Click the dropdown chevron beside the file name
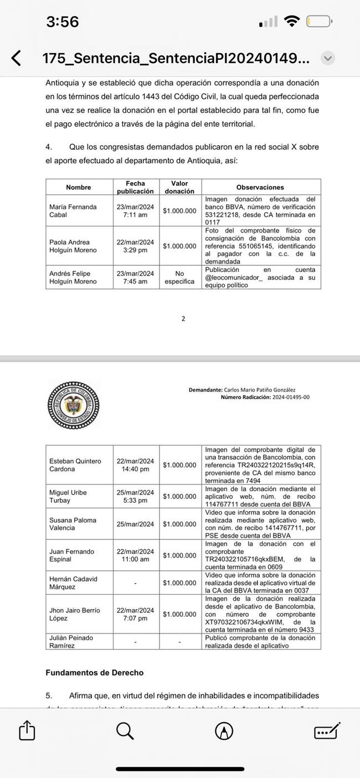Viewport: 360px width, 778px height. pos(328,58)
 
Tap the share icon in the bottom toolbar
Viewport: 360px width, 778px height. pos(27,731)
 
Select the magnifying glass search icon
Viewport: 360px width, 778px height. pos(125,731)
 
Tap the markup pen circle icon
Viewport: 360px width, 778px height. pos(224,731)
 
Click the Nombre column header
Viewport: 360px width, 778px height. pos(79,187)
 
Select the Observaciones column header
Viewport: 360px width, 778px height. pos(260,187)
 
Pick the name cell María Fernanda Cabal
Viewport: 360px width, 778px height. pos(73,210)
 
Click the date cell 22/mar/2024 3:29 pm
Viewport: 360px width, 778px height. pos(135,246)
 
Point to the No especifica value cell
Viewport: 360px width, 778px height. pos(179,277)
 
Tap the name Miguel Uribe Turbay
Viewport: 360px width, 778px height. pos(68,496)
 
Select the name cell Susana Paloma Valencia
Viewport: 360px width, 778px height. pos(73,524)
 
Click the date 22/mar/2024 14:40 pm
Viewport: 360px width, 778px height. pos(135,465)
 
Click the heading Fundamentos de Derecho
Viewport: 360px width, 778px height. pos(94,673)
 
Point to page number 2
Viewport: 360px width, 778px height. pos(183,318)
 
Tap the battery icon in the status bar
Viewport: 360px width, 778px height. pos(319,22)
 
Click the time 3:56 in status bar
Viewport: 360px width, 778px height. pos(63,22)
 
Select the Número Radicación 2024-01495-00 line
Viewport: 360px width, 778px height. pos(265,397)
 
